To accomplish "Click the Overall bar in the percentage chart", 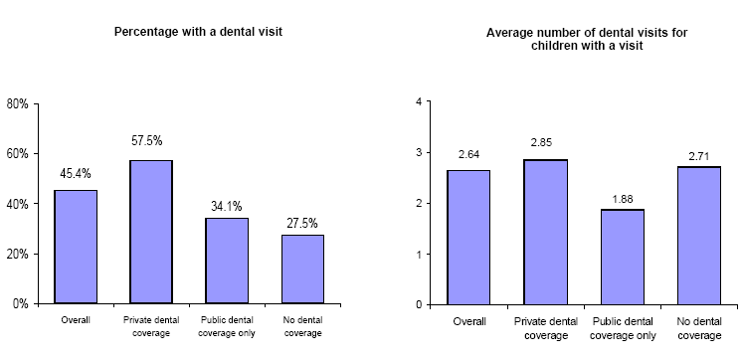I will [76, 247].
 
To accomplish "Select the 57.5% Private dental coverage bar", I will [151, 232].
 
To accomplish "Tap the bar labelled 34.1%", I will [227, 261].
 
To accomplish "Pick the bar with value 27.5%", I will [302, 269].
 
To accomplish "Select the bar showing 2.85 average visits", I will [544, 232].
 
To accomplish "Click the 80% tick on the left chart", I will [18, 103].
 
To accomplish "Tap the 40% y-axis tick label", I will [18, 204].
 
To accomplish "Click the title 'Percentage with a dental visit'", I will [198, 33].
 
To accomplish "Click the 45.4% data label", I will [76, 174].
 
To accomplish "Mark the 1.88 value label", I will [620, 196].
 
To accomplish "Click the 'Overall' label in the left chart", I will [76, 319].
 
